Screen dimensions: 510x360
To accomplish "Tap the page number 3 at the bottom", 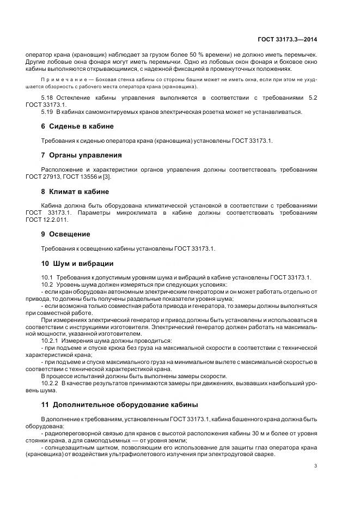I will click(315, 466).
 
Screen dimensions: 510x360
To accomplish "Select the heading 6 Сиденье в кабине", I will click(77, 126).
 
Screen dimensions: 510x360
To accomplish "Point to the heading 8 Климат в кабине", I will click(75, 191).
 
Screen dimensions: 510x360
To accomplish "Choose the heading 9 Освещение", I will click(66, 234).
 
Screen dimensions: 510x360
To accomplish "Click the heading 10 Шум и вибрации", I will click(77, 263).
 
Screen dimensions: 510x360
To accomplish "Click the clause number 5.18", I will click(48, 97).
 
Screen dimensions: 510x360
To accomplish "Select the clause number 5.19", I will click(48, 111).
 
